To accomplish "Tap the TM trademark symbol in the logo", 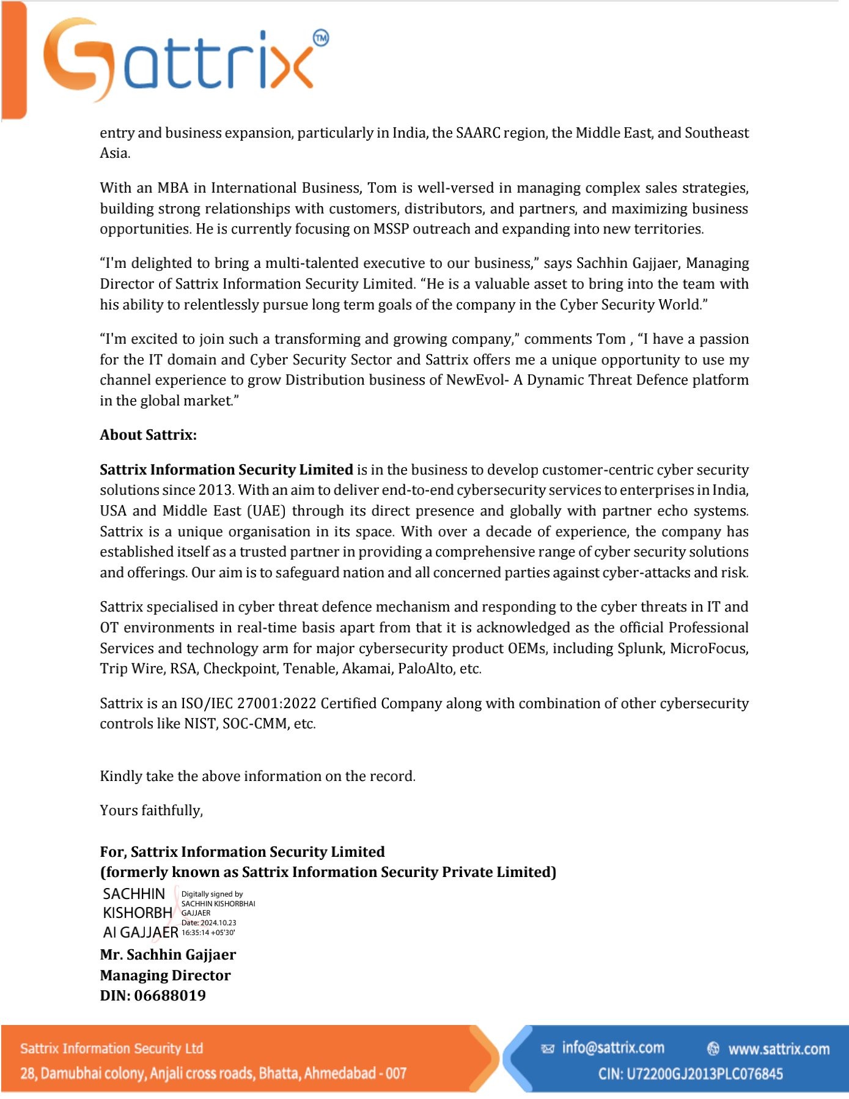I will click(321, 38).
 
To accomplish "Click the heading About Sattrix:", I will click(148, 435).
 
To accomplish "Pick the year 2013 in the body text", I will click(216, 490).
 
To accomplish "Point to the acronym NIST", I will click(200, 723).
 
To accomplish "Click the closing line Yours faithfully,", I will click(151, 810).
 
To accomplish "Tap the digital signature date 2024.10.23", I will click(218, 923).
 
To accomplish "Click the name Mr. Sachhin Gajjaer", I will click(168, 955).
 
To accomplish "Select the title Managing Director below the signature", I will click(165, 975).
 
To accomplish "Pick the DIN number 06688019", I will click(170, 996).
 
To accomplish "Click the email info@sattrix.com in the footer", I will click(613, 1048).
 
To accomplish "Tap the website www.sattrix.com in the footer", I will click(779, 1049).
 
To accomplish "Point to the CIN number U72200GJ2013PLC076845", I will click(705, 1074).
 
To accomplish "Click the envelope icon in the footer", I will click(548, 1049).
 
